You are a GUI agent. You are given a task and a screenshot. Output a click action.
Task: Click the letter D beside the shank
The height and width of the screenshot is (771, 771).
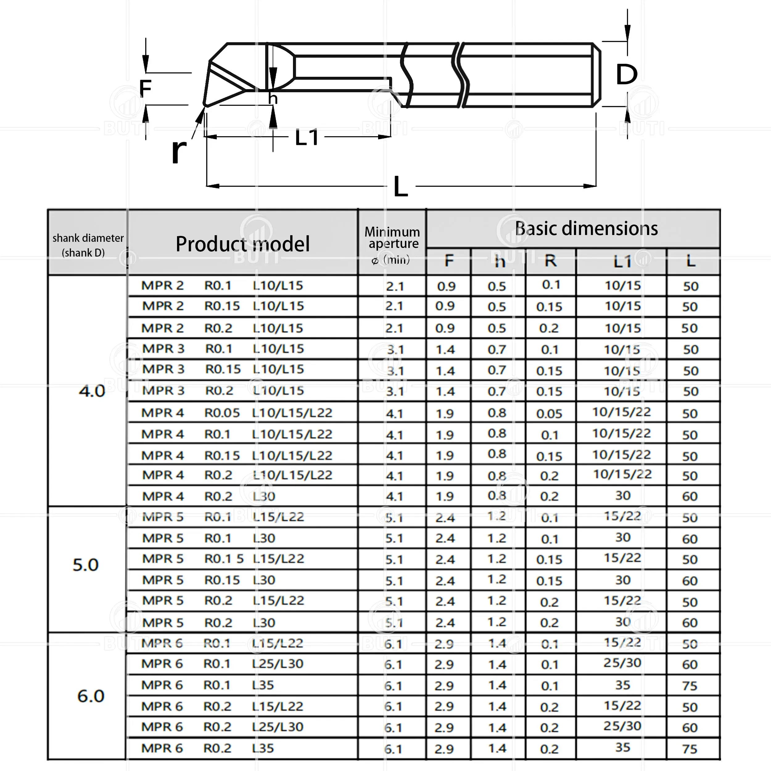click(627, 74)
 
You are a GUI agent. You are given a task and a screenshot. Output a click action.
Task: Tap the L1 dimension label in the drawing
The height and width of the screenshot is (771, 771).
click(307, 138)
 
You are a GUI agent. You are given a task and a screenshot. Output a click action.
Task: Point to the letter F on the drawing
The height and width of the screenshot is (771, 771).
click(145, 89)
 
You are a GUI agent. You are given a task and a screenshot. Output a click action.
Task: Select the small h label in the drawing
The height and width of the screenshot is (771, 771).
click(273, 98)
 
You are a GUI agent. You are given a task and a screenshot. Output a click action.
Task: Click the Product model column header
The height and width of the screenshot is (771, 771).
click(243, 244)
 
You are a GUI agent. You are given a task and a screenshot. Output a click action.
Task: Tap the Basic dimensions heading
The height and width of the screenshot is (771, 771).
click(586, 229)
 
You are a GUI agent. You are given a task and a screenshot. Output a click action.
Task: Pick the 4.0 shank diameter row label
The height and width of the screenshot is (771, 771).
click(92, 391)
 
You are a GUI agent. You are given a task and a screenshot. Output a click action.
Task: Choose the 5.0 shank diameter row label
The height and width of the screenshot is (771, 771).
click(85, 565)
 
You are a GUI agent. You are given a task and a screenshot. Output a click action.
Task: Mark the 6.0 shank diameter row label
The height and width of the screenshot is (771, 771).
click(91, 696)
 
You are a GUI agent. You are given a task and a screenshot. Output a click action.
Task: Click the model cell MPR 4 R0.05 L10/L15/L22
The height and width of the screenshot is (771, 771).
click(237, 413)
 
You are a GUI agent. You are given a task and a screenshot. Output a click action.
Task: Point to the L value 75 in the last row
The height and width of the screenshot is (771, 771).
click(690, 749)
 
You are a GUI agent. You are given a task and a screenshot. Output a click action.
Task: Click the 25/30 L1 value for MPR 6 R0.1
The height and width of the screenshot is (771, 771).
click(622, 663)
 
